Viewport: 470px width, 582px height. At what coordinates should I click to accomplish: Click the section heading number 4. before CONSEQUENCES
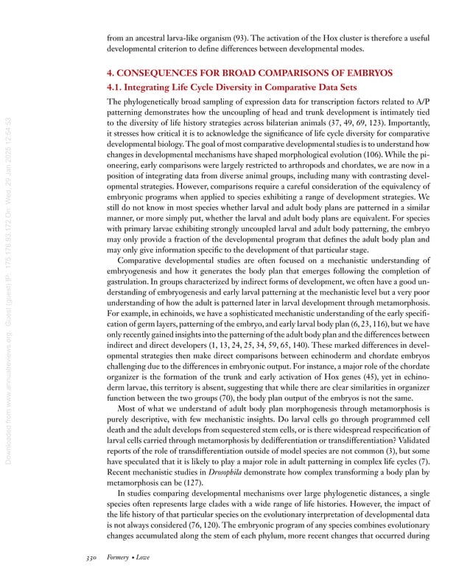click(111, 73)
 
